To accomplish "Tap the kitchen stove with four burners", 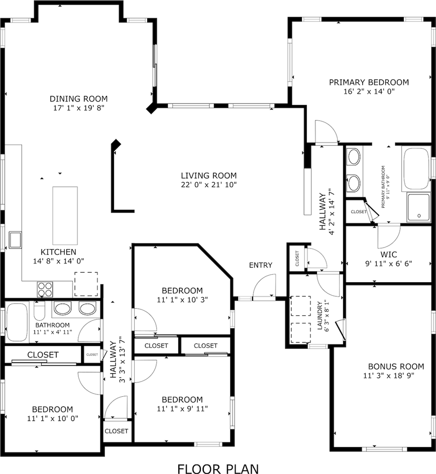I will pyautogui.click(x=45, y=290).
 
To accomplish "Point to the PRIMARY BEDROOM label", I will pyautogui.click(x=369, y=82).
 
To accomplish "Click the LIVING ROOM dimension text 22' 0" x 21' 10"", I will pyautogui.click(x=208, y=185).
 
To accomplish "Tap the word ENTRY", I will pyautogui.click(x=260, y=265).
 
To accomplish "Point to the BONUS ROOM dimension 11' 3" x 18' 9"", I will pyautogui.click(x=388, y=376).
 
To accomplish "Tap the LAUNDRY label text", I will pyautogui.click(x=319, y=316).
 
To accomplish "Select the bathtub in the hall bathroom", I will pyautogui.click(x=17, y=322).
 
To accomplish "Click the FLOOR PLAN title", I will pyautogui.click(x=218, y=469).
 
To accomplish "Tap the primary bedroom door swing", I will pyautogui.click(x=325, y=132).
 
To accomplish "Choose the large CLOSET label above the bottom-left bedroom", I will pyautogui.click(x=43, y=355).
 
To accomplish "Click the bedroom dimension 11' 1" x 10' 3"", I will pyautogui.click(x=182, y=299).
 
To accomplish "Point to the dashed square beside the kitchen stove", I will pyautogui.click(x=86, y=284).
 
